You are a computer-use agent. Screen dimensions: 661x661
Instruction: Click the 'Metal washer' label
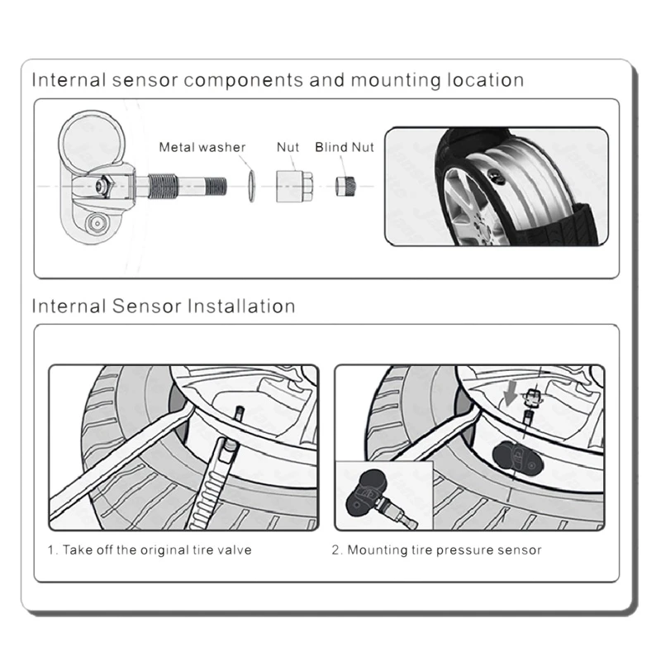pos(202,147)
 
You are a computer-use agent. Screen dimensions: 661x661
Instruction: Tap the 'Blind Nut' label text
pos(345,147)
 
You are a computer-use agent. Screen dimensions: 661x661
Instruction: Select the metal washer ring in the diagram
pos(252,186)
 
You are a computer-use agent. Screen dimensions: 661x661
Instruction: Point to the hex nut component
pos(294,186)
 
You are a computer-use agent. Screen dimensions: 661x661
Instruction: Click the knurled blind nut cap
pos(345,186)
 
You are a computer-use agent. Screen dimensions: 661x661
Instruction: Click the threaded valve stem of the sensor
pos(181,186)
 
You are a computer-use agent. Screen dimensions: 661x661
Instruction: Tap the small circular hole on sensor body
pos(97,223)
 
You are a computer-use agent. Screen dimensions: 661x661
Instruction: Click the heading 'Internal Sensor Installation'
pos(164,306)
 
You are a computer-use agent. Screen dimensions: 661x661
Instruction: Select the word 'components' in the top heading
pos(244,80)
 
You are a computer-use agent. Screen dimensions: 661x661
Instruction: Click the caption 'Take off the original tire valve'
pos(157,549)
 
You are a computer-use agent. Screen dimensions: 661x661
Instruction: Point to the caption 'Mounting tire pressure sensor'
pos(445,550)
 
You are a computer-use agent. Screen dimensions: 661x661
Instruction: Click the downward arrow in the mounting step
pos(511,392)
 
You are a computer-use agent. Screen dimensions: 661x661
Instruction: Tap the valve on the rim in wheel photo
pos(496,176)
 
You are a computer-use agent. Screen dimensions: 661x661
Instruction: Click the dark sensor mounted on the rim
pos(518,459)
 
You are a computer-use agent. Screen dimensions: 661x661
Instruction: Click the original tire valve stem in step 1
pos(240,414)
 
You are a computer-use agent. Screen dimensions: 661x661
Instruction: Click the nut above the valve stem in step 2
pos(532,397)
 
